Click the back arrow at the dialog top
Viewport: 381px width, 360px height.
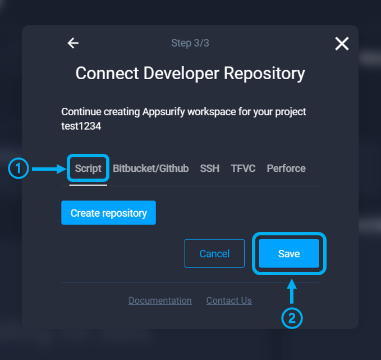click(73, 43)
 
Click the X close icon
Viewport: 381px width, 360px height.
click(342, 43)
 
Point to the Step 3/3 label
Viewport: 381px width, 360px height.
click(190, 43)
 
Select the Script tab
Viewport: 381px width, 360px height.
click(88, 168)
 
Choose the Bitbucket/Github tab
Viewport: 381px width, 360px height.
click(150, 168)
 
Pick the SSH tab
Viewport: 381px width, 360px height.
click(209, 168)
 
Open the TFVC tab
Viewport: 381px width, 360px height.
click(243, 168)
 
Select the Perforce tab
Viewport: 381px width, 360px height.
click(286, 168)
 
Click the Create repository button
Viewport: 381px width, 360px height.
click(108, 213)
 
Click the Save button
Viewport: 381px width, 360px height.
click(289, 254)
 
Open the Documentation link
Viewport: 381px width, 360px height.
click(160, 301)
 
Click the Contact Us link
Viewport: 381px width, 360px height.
click(229, 301)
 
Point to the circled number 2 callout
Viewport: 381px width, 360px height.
click(292, 318)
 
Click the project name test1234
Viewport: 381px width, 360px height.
click(81, 126)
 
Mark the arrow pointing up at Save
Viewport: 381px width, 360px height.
click(292, 292)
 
